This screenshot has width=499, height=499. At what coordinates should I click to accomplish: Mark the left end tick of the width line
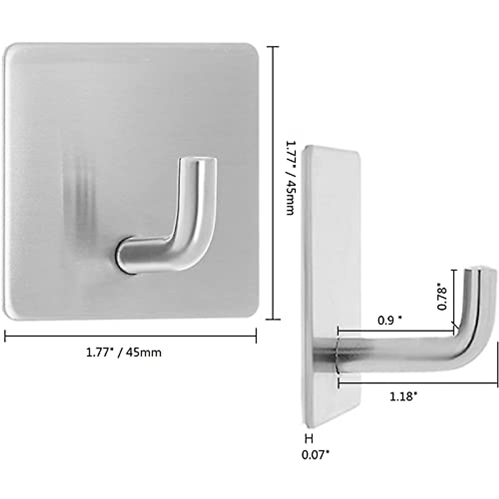coord(5,336)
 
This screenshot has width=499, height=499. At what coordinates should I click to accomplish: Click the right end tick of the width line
coord(256,336)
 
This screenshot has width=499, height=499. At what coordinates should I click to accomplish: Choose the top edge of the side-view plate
coord(331,148)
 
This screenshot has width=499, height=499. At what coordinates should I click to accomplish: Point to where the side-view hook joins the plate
coord(336,353)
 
